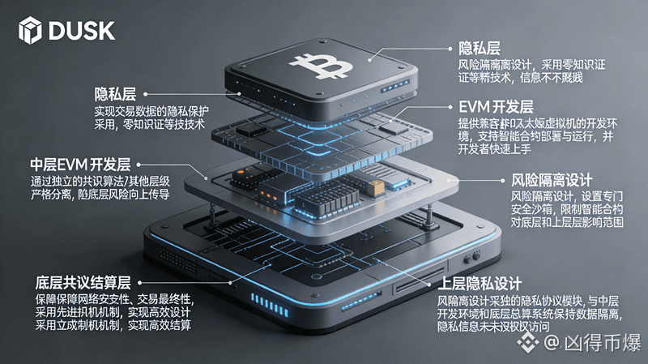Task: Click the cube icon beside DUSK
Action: coord(29,32)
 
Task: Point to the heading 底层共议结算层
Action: coord(83,283)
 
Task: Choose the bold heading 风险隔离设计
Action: coord(551,179)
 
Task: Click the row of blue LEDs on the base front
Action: coord(268,304)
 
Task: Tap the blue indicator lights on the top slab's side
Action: coord(395,86)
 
